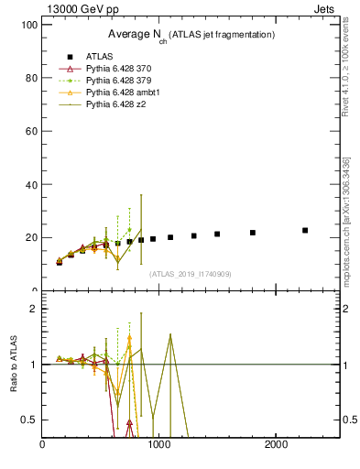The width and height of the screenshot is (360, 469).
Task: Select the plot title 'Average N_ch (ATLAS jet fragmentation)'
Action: [191, 34]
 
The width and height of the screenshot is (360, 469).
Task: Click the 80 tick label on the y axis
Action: [30, 78]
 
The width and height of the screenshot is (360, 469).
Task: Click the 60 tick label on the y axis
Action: [30, 131]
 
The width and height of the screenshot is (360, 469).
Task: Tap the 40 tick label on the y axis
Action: [30, 184]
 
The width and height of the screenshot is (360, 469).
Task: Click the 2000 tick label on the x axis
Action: [278, 445]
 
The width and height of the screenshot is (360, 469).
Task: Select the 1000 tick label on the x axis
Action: [160, 445]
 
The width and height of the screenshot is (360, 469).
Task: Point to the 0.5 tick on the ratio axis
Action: [27, 420]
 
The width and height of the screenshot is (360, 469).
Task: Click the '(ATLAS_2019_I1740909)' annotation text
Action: [191, 274]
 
